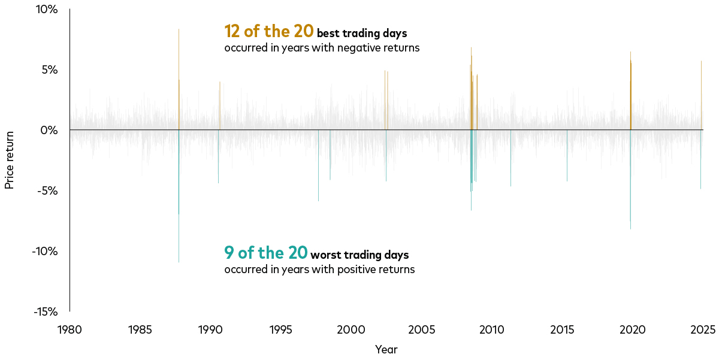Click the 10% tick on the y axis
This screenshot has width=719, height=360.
coord(47,10)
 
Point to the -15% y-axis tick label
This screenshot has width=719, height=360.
coord(45,311)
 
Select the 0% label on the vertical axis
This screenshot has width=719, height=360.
coord(49,130)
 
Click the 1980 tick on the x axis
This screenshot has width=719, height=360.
coord(70,329)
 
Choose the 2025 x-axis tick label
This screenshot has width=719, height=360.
coord(703,329)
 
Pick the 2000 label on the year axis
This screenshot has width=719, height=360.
coord(351,329)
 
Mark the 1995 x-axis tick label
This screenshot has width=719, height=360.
coord(280,329)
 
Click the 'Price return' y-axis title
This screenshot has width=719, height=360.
coord(9,160)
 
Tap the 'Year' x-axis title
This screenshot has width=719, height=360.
coord(386,349)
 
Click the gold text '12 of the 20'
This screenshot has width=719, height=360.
coord(268,31)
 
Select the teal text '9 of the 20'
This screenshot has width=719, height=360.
coord(266,253)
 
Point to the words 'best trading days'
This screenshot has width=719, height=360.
coord(362,34)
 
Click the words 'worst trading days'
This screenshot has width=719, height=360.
coord(359,255)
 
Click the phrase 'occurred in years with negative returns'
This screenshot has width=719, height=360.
coord(322,48)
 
